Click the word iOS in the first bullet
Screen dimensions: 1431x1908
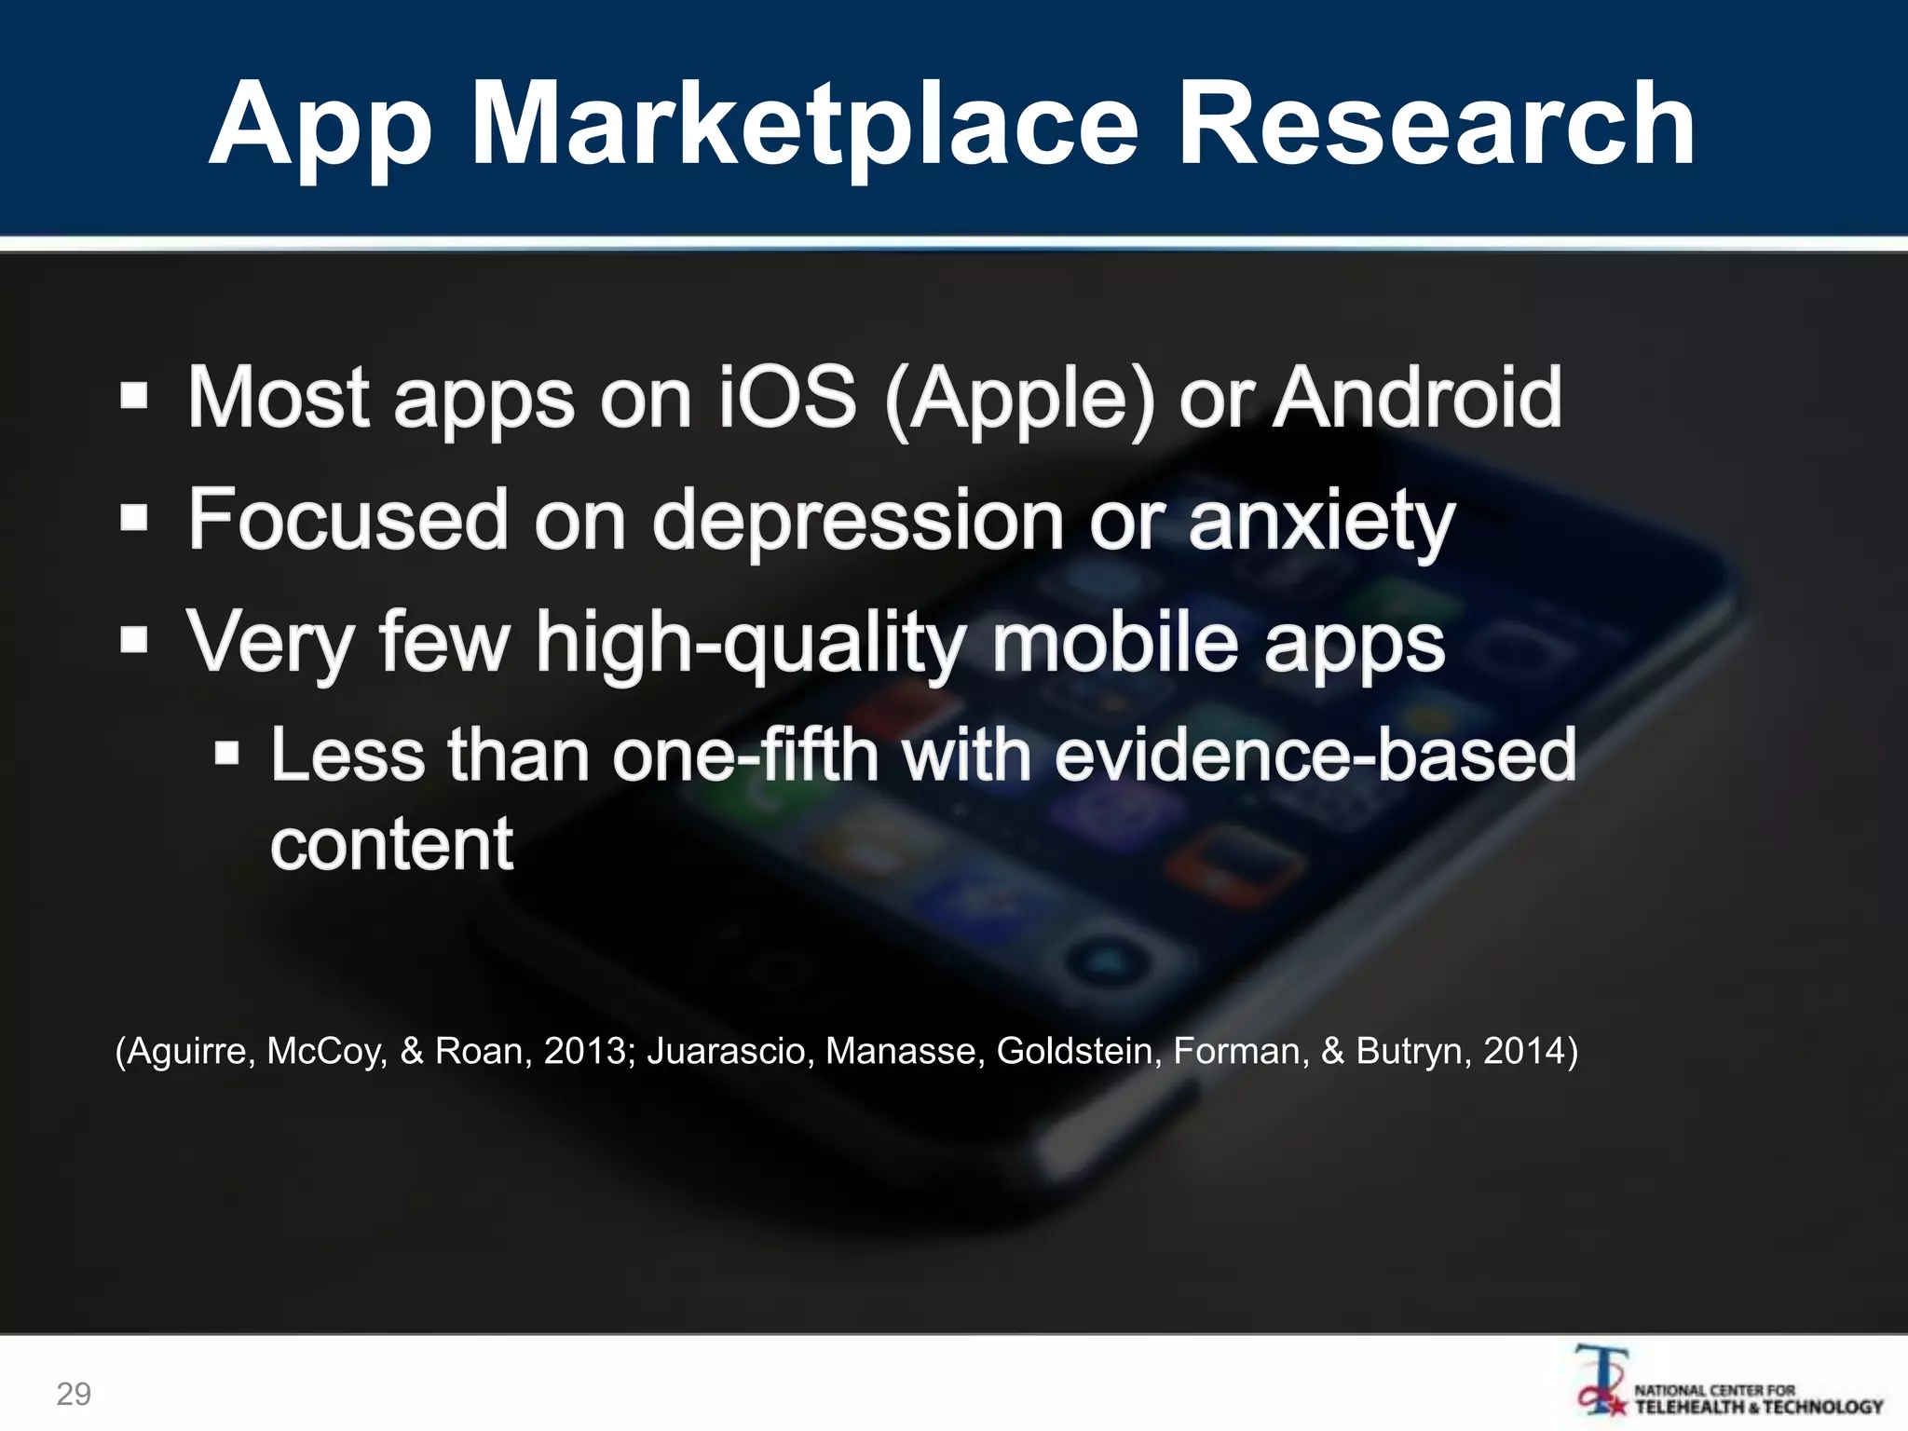(x=786, y=398)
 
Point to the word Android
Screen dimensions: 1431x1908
(x=1417, y=398)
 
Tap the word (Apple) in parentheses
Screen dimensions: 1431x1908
(x=1019, y=401)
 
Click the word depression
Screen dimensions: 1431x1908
(x=858, y=520)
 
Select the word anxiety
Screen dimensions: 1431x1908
(x=1321, y=522)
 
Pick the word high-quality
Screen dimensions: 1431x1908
(x=751, y=643)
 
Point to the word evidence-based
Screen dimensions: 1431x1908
(x=1315, y=755)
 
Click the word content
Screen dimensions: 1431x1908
(x=391, y=844)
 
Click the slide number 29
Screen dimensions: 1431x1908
(x=74, y=1394)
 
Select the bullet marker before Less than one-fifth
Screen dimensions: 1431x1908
(x=226, y=753)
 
